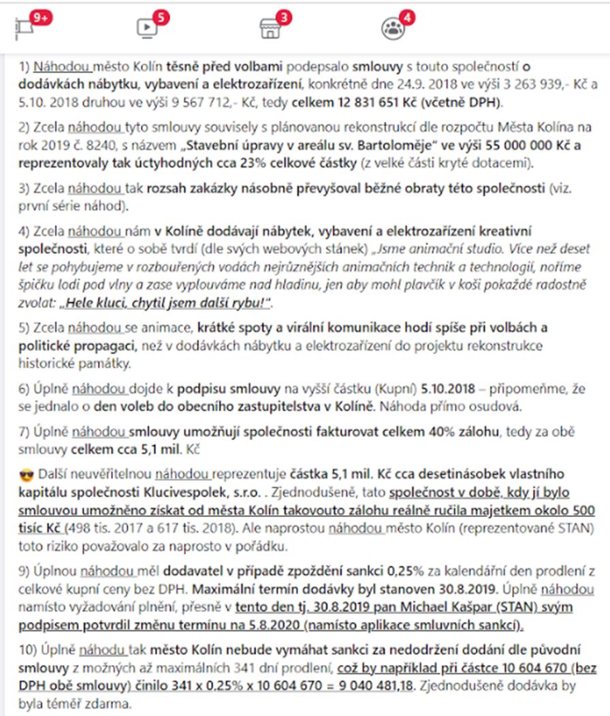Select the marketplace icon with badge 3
tap(270, 27)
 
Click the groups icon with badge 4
tap(393, 27)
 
